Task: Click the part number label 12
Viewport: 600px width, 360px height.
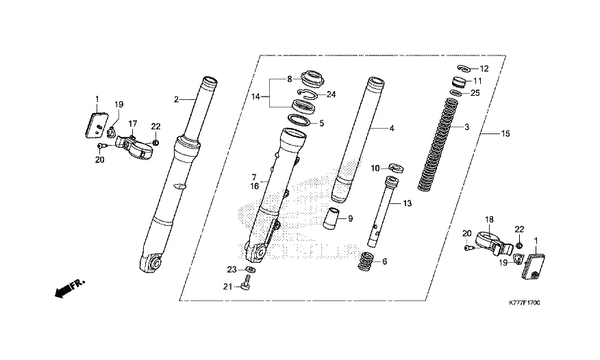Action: (484, 69)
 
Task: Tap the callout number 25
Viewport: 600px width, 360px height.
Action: (475, 93)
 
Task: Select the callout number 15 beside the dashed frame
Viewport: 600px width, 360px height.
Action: (505, 133)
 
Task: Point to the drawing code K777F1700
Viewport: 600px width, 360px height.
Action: (524, 303)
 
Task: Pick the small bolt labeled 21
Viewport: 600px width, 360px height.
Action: (245, 284)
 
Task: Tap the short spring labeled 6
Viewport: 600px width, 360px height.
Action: (366, 261)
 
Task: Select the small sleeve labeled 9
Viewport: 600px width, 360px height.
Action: (332, 218)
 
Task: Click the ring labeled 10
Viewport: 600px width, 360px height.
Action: (396, 167)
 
